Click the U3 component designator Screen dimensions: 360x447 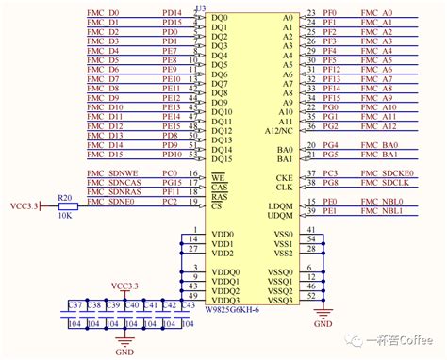point(200,8)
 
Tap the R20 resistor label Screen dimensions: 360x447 point(65,198)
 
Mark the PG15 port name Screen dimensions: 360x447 point(171,184)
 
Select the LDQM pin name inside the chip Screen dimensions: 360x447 point(281,206)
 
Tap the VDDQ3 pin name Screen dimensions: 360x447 point(224,300)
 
